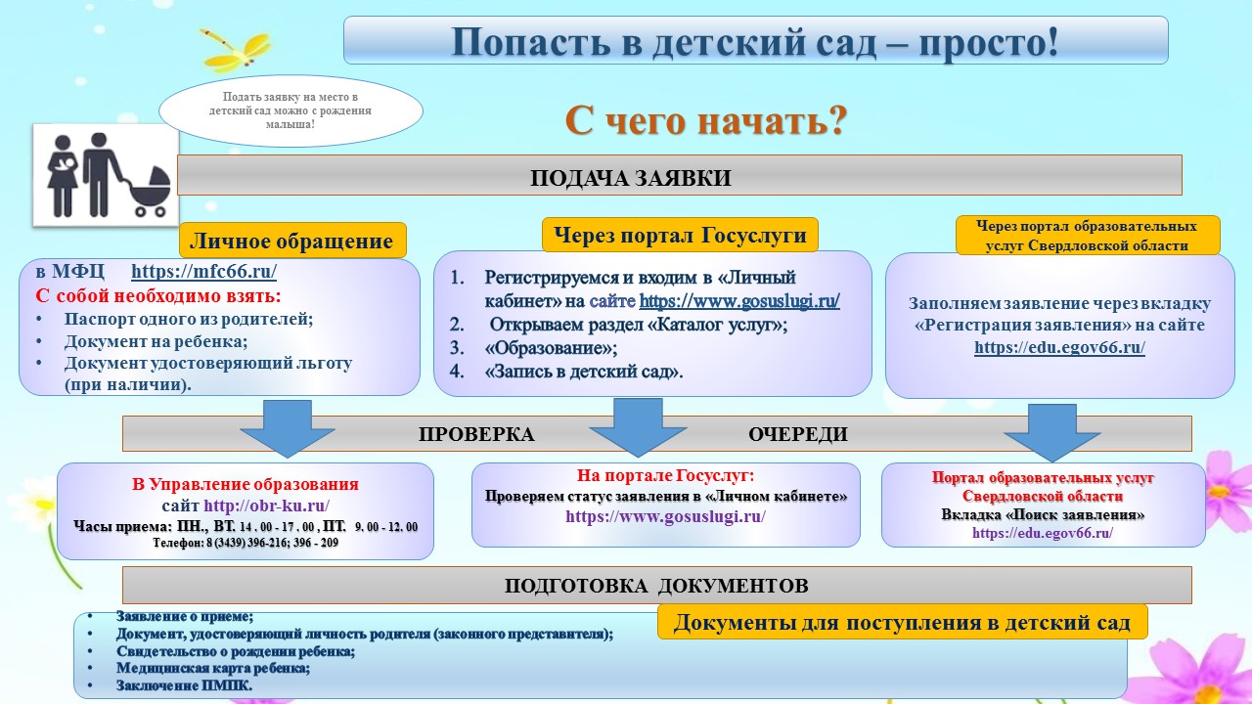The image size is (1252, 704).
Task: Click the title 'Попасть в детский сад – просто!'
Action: [755, 41]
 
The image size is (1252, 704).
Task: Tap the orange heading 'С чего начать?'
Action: [705, 121]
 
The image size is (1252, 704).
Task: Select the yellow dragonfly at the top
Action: [235, 48]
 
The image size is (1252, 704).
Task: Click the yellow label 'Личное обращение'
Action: [291, 242]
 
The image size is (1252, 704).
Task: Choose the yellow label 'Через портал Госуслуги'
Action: [680, 235]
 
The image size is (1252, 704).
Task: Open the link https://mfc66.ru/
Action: [203, 273]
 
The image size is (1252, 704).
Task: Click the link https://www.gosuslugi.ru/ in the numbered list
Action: [738, 301]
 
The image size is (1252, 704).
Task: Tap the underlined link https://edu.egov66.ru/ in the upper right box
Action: [1059, 347]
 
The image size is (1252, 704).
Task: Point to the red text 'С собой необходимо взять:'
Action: [158, 295]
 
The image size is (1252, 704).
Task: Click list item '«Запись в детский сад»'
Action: [584, 372]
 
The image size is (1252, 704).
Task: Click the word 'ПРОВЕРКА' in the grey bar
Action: [476, 435]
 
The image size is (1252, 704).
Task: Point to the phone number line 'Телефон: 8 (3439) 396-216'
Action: [246, 542]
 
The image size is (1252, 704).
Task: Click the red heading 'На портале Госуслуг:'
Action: [665, 476]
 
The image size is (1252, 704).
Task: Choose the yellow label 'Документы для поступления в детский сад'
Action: [901, 623]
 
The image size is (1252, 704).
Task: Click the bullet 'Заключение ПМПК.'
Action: [184, 686]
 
